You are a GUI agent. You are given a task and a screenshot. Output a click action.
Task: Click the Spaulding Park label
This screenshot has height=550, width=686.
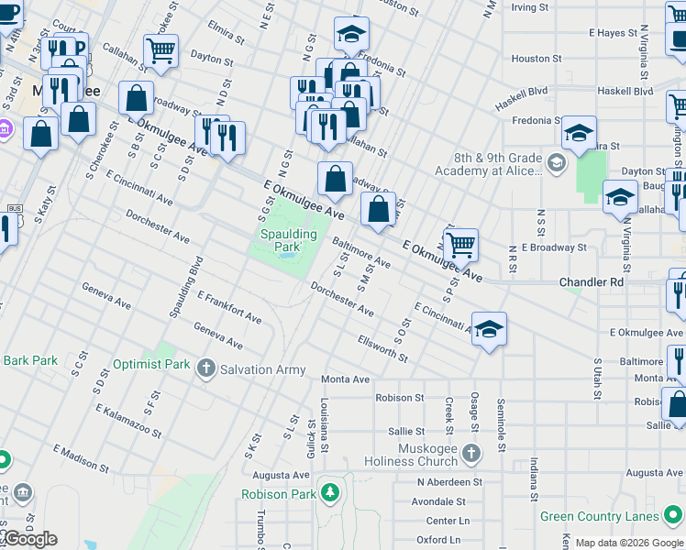pos(285,241)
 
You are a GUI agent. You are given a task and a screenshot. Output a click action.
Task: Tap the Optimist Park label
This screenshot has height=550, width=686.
pos(151,364)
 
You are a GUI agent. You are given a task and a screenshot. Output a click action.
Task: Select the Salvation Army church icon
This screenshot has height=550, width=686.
pos(206,369)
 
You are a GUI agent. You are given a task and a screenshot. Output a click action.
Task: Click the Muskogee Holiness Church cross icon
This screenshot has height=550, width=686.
pos(471,454)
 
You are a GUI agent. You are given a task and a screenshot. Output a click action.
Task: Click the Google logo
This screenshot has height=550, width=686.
pos(29,539)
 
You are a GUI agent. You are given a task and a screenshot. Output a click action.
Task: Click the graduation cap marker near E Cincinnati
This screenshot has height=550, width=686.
pos(490,329)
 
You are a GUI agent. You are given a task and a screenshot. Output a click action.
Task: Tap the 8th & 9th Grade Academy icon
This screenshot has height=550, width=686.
pos(556,163)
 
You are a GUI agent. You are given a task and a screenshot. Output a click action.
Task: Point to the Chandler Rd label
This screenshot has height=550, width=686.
pos(592,282)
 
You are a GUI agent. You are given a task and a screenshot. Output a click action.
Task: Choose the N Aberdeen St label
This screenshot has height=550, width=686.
pos(449,482)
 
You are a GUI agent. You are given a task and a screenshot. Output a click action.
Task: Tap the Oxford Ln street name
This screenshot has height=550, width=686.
pos(439,540)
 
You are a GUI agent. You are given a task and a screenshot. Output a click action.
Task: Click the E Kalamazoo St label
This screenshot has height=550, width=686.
pos(131,421)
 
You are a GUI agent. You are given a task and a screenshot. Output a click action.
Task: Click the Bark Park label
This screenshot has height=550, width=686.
pos(30,360)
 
